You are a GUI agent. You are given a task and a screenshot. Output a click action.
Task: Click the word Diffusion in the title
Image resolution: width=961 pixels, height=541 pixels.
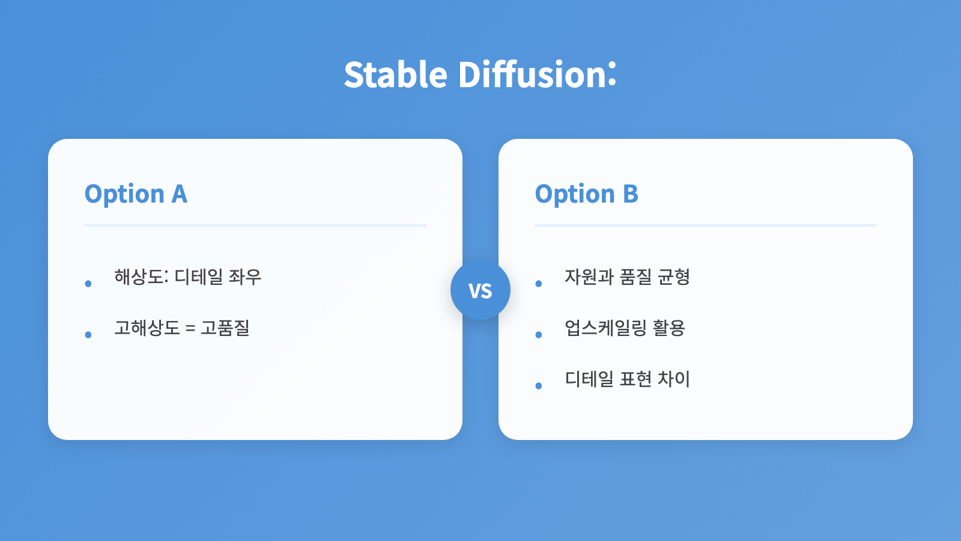point(532,75)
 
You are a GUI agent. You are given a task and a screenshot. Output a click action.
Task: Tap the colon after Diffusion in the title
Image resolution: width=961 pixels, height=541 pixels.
point(612,74)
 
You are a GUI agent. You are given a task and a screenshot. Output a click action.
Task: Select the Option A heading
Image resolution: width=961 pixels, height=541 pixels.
point(136,194)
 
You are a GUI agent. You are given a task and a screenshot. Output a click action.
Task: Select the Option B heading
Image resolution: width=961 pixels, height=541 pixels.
point(586,194)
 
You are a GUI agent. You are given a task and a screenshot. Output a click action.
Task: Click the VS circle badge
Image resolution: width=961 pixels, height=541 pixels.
point(480,290)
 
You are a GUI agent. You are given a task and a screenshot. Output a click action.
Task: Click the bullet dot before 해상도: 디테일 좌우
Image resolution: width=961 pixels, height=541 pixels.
point(88,283)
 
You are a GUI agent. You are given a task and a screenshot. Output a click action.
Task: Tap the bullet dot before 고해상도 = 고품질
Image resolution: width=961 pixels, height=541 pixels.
point(88,334)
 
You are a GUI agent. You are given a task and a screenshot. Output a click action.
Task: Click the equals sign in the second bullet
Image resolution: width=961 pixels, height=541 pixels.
point(190,329)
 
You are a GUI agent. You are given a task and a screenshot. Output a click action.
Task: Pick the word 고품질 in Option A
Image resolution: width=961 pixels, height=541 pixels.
point(225,328)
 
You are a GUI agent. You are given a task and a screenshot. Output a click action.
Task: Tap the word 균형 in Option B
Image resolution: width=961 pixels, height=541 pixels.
point(674,277)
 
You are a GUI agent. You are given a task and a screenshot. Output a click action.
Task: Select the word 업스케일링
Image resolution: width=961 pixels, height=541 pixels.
point(605,328)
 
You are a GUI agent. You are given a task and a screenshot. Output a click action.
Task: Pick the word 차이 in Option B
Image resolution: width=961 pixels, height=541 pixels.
point(674,379)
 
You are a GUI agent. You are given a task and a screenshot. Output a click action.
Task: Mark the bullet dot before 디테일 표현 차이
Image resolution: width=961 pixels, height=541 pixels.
point(539,385)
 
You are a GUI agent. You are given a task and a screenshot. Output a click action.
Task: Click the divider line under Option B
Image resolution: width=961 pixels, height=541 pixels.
point(706,225)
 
